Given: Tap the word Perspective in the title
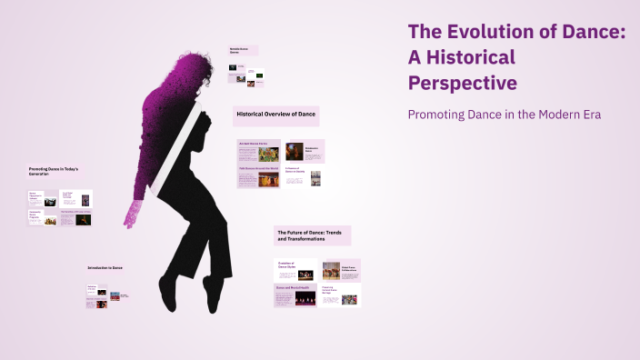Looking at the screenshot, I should [x=464, y=83].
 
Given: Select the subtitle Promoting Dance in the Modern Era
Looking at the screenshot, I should [x=505, y=115].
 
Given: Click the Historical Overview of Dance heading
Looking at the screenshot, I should [x=276, y=115].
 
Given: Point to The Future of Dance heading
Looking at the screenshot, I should [x=312, y=235].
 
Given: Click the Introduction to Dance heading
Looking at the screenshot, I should [x=105, y=267].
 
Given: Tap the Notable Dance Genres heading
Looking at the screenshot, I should [x=243, y=51].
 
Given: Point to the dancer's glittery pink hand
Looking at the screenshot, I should [x=132, y=215].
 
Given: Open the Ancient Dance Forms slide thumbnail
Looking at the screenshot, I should [x=258, y=150].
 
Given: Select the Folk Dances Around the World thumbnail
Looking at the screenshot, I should [x=258, y=177].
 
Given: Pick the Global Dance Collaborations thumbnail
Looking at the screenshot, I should [x=341, y=269].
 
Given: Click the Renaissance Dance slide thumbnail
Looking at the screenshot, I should [x=305, y=150].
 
